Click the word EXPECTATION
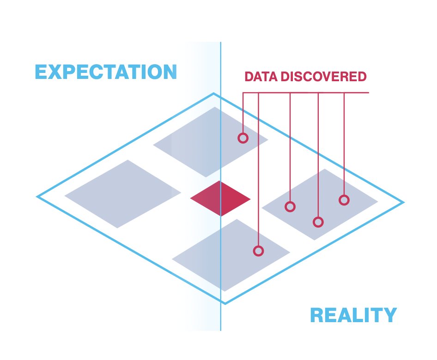[106, 72]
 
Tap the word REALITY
[353, 315]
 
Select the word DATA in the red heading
[261, 77]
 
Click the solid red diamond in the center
[220, 198]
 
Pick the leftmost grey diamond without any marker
[122, 194]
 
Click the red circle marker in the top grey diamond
[243, 138]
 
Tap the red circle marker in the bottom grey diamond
[259, 251]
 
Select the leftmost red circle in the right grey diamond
[290, 207]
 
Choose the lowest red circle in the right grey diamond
[318, 222]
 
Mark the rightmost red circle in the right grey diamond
[344, 200]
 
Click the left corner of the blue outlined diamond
[38, 197]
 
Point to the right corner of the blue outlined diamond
[403, 202]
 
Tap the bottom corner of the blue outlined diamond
[225, 303]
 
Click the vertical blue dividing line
[221, 314]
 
